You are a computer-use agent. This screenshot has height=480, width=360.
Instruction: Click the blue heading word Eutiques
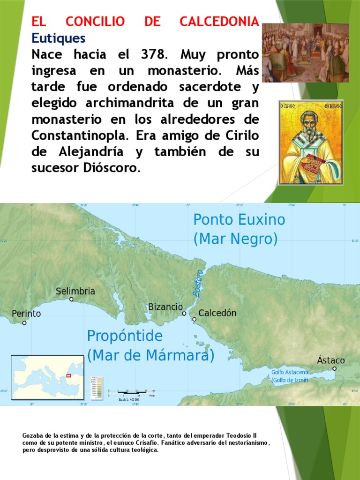point(59,37)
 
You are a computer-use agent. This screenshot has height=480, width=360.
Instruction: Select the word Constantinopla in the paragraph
point(80,135)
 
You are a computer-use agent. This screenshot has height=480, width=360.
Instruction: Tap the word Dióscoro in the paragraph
point(115,168)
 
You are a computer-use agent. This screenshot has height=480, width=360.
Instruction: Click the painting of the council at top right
point(305,52)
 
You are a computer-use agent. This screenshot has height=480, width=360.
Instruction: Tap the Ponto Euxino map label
point(239,219)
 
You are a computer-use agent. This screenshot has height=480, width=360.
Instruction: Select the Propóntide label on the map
point(125,336)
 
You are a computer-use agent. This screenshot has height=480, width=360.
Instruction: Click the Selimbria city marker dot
point(71,299)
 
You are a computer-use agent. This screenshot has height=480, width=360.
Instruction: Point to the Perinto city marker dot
point(24,323)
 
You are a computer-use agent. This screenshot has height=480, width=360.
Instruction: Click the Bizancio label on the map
point(165,307)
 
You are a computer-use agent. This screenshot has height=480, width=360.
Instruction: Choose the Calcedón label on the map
point(217,313)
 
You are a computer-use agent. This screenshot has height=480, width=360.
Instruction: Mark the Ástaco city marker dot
point(334,368)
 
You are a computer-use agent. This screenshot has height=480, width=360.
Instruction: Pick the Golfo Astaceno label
point(290,372)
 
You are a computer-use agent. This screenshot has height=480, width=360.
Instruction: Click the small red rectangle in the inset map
point(70,375)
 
